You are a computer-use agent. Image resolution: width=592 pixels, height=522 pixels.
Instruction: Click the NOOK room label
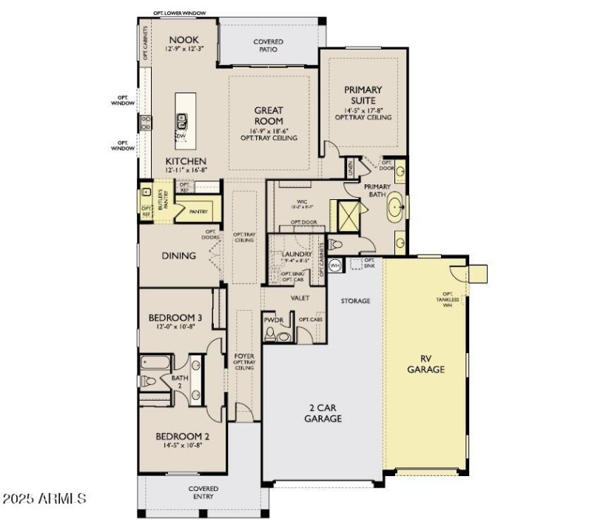click(x=181, y=40)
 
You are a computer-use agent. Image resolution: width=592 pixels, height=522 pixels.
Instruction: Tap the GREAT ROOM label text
click(x=269, y=116)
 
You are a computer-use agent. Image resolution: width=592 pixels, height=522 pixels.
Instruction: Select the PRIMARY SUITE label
click(x=363, y=95)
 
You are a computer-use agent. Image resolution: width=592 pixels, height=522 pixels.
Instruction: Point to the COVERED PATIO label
click(x=269, y=46)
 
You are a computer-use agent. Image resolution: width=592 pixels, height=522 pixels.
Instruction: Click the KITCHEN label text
click(x=186, y=161)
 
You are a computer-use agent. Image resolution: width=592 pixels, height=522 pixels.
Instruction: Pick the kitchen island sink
click(x=181, y=119)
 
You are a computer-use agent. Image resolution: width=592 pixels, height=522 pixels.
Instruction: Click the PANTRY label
click(x=198, y=212)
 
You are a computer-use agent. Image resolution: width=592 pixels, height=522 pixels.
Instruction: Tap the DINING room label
click(x=179, y=255)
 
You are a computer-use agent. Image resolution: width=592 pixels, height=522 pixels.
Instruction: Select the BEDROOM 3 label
click(x=176, y=318)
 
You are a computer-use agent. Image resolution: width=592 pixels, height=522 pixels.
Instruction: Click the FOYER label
click(x=244, y=356)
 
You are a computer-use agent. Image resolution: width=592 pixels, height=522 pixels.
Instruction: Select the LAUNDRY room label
click(x=297, y=254)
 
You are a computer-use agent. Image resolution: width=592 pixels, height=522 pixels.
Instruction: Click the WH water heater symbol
click(x=335, y=264)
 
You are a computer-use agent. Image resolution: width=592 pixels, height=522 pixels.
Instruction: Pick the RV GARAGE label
click(x=426, y=364)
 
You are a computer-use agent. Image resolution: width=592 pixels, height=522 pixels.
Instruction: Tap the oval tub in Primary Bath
click(x=396, y=207)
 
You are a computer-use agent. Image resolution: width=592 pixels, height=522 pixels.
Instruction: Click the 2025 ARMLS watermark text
click(x=44, y=498)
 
